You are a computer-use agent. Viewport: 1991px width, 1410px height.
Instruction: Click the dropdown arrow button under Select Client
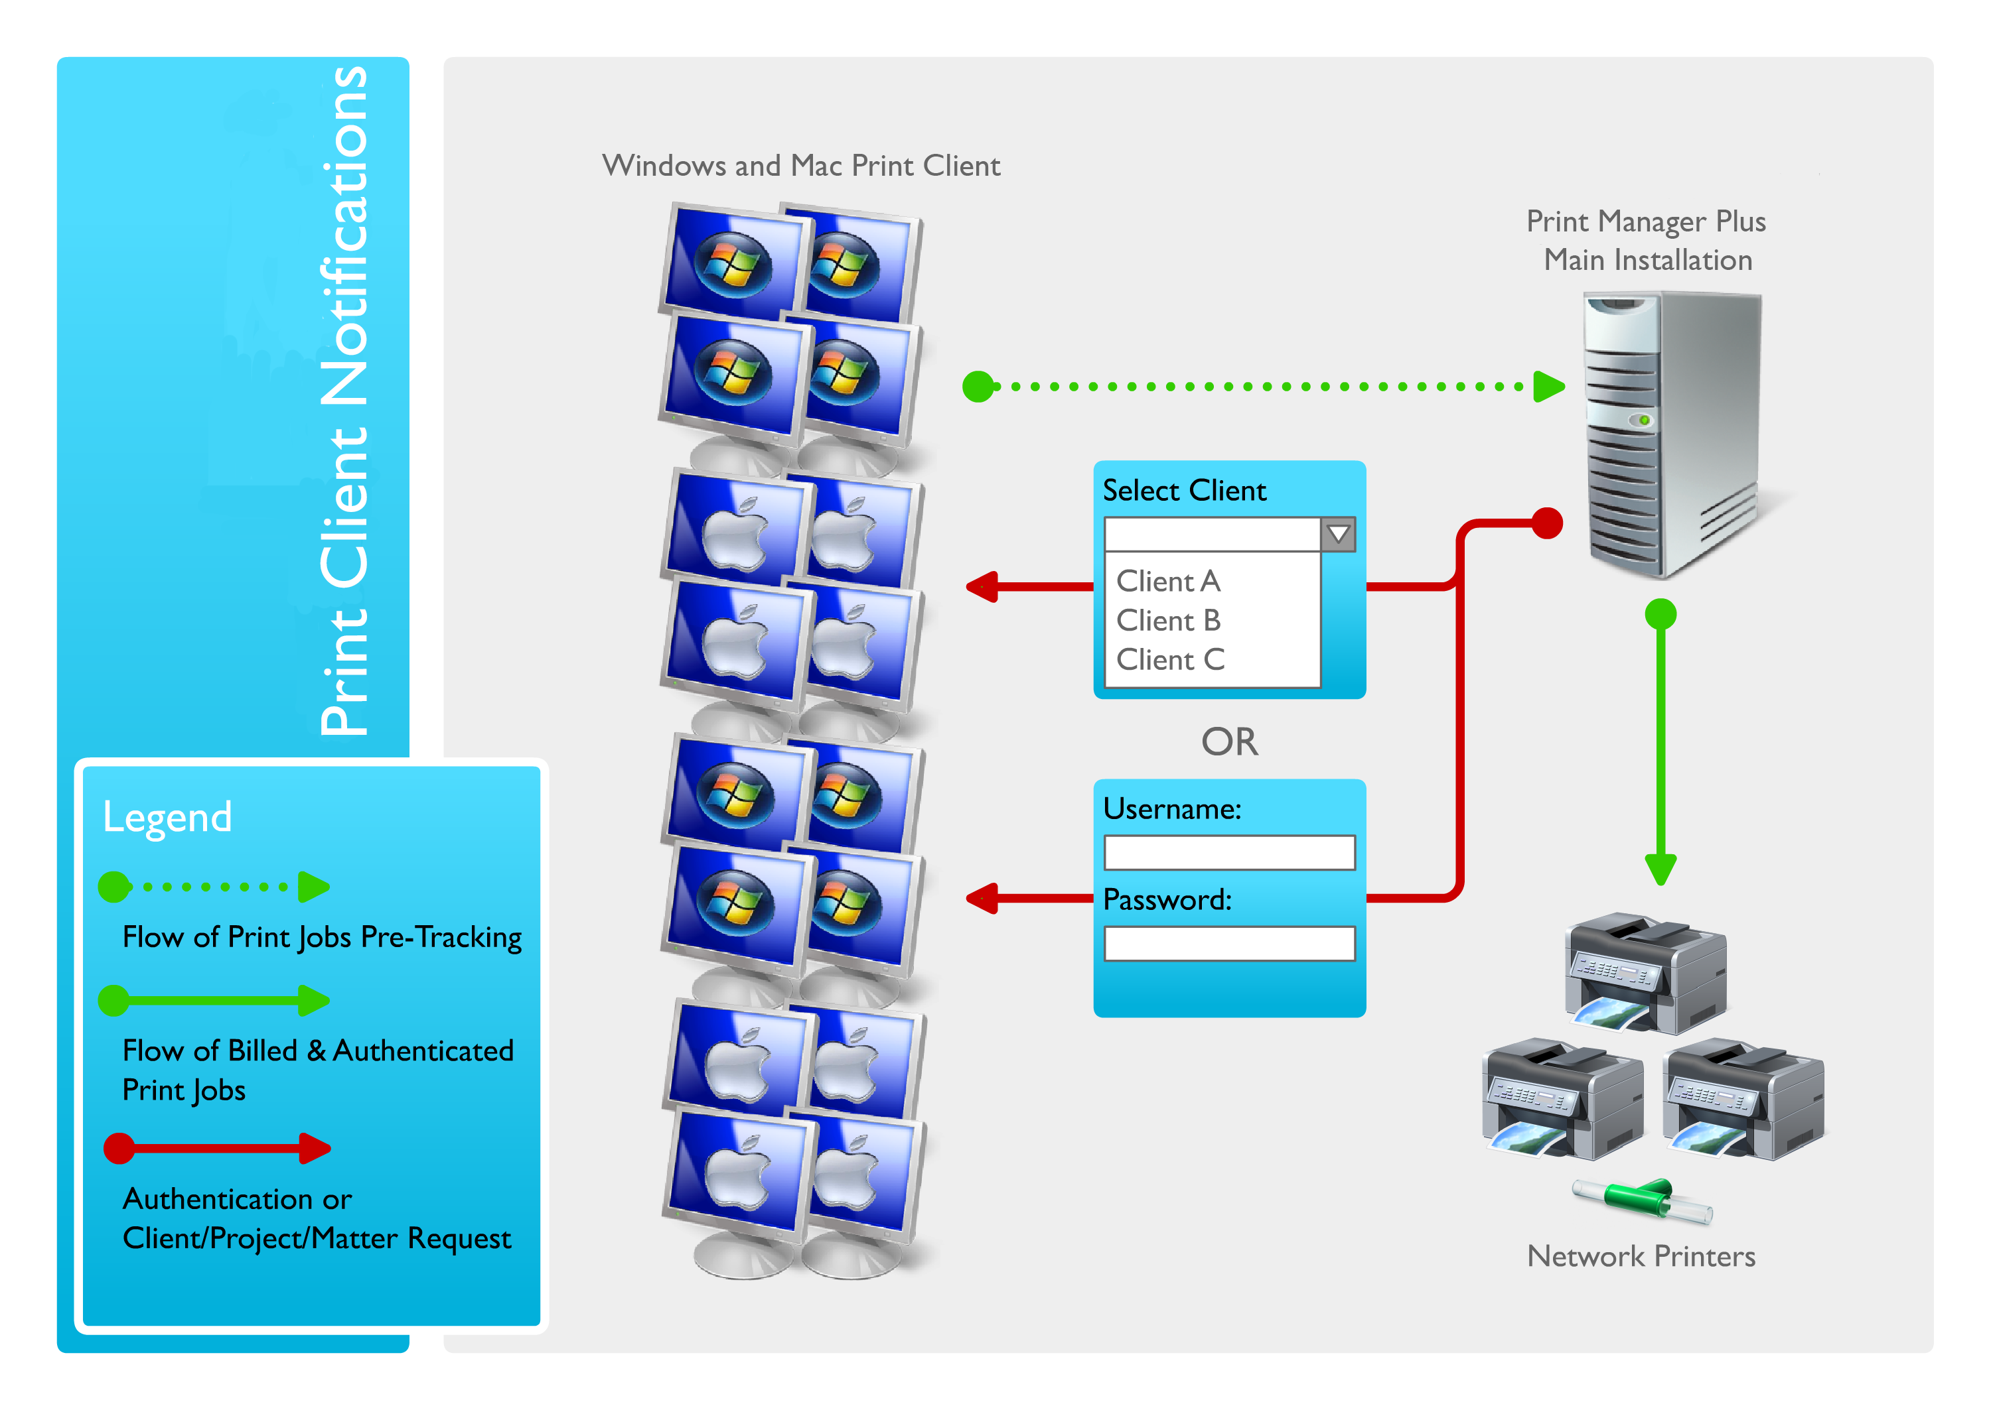pos(1338,534)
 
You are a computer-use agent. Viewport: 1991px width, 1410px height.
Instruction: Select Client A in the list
pos(1167,581)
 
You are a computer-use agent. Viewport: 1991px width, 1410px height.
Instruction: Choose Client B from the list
pos(1168,620)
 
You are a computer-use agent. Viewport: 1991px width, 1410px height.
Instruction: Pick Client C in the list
pos(1170,660)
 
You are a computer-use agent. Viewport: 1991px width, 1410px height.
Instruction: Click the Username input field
pos(1229,853)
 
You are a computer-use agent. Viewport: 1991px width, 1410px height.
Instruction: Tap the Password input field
pos(1229,944)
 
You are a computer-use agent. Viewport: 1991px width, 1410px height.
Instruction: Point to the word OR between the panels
pos(1229,742)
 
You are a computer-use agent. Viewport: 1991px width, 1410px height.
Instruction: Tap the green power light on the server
pos(1643,420)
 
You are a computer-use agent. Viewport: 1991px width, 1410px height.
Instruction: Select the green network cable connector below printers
pos(1642,1201)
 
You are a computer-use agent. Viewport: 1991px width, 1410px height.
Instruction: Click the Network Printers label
pos(1641,1256)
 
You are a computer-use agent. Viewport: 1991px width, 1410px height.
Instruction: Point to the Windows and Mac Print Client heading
pos(801,165)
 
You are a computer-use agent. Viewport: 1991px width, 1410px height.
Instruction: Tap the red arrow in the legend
pos(216,1148)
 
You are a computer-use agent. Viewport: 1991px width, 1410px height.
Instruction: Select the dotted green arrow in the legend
pos(214,887)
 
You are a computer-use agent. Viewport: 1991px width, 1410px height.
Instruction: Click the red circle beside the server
pos(1547,523)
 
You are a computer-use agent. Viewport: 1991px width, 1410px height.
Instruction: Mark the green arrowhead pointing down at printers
pos(1660,869)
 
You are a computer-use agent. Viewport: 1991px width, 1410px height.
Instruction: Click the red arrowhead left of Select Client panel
pos(982,586)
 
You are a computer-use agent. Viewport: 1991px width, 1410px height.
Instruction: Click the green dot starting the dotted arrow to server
pos(978,387)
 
